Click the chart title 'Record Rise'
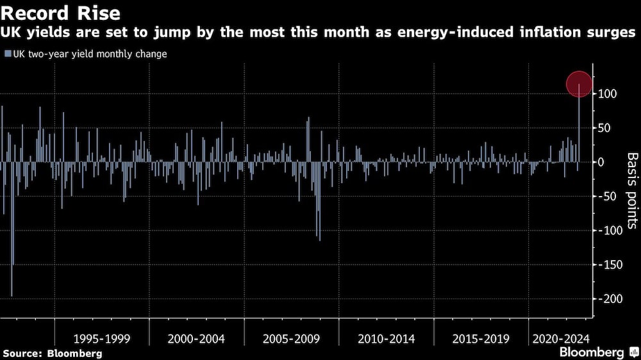coord(61,13)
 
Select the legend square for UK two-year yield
coord(7,54)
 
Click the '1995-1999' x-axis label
coord(101,338)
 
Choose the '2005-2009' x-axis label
coord(292,338)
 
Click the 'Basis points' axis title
coord(632,191)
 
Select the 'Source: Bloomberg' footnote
coord(53,353)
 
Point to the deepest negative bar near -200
coord(12,282)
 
